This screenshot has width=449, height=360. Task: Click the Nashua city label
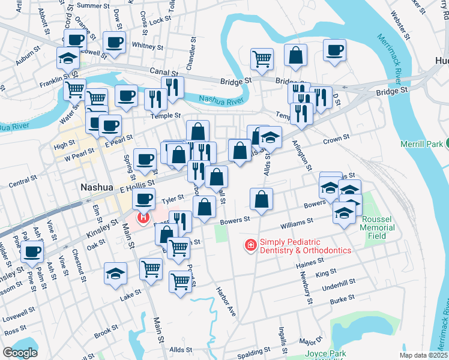point(97,187)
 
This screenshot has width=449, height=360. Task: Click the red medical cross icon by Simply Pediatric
point(250,245)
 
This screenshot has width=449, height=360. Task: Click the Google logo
point(20,353)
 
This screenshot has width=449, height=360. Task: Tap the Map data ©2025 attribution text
point(423,355)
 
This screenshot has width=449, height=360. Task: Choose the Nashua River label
point(215,99)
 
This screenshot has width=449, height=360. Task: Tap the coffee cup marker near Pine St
point(32,251)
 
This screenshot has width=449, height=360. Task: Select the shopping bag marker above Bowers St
point(261,199)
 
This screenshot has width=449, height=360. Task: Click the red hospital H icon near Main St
point(143,217)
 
